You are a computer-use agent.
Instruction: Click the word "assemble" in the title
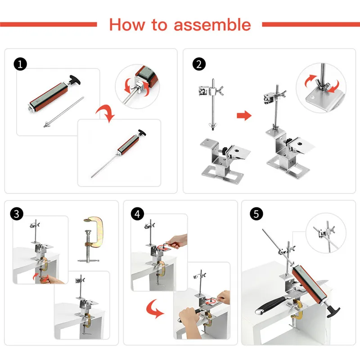[212, 25]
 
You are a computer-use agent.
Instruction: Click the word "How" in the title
[127, 25]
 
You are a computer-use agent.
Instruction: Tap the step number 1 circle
[20, 64]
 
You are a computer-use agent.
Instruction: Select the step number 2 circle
[199, 64]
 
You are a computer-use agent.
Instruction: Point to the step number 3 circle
[17, 214]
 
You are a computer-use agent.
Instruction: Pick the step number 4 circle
[137, 214]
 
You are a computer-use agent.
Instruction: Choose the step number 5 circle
[256, 214]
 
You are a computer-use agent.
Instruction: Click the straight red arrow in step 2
[244, 116]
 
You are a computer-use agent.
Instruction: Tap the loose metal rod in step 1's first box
[63, 112]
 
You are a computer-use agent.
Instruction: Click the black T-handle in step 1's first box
[75, 80]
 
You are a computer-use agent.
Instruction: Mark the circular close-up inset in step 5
[326, 233]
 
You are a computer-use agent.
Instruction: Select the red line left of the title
[49, 24]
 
